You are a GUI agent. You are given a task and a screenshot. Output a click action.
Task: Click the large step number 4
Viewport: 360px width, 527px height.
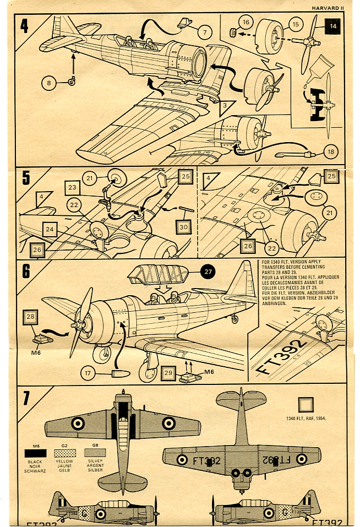click(25, 26)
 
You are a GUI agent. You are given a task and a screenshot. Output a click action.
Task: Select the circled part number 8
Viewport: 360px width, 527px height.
click(48, 83)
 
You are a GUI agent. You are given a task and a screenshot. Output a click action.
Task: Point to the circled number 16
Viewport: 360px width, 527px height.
click(246, 23)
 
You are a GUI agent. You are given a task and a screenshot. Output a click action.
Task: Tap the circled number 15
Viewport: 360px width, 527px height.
click(296, 25)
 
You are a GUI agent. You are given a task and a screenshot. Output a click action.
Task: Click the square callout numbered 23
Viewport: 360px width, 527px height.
click(73, 187)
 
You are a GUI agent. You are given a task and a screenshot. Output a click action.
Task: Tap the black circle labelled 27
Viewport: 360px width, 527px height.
click(208, 271)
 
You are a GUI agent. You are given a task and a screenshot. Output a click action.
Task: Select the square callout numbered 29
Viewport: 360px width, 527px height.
click(169, 373)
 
